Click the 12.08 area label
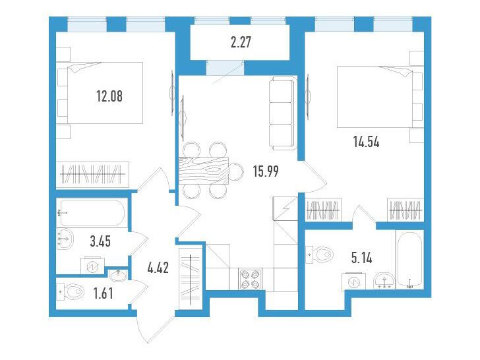[109, 96]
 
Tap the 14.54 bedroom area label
[366, 142]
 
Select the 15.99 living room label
[266, 171]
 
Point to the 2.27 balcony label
[241, 42]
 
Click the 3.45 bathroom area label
[100, 241]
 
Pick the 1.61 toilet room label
[103, 293]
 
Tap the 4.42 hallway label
[158, 268]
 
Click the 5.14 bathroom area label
[361, 258]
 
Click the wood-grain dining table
[204, 171]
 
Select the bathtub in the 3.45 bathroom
[92, 214]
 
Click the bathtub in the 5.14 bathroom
[409, 259]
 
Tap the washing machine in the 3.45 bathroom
[92, 266]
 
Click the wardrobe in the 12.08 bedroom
[92, 175]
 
